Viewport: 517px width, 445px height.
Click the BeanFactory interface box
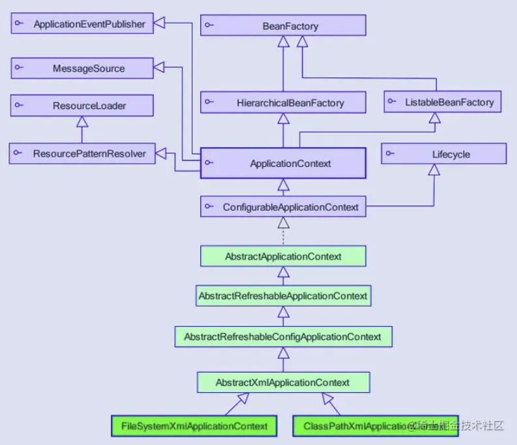pyautogui.click(x=282, y=25)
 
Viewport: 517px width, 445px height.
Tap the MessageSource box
pyautogui.click(x=82, y=68)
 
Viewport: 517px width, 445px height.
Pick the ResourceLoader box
pyautogui.click(x=81, y=105)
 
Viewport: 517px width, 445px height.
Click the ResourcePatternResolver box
pyautogui.click(x=82, y=154)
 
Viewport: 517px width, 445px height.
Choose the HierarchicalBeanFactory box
pyautogui.click(x=282, y=102)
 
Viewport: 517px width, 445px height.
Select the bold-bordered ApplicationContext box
pyautogui.click(x=282, y=164)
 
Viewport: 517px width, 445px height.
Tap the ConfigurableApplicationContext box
pyautogui.click(x=282, y=207)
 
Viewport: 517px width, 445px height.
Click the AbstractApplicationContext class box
pyautogui.click(x=282, y=256)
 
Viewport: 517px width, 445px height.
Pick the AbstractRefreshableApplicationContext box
pyautogui.click(x=282, y=296)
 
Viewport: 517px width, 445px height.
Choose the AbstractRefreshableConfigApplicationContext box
pyautogui.click(x=282, y=337)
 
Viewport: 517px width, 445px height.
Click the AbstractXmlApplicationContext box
pyautogui.click(x=282, y=382)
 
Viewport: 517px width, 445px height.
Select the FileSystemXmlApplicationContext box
pyautogui.click(x=194, y=426)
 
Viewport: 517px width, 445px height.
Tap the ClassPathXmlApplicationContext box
pyautogui.click(x=376, y=426)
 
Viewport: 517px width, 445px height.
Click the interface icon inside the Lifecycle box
pyautogui.click(x=389, y=154)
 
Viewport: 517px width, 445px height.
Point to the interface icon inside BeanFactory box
pyautogui.click(x=209, y=25)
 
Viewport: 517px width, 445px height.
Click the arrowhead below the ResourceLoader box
pyautogui.click(x=81, y=121)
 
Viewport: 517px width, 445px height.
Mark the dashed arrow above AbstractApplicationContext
pyautogui.click(x=283, y=232)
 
